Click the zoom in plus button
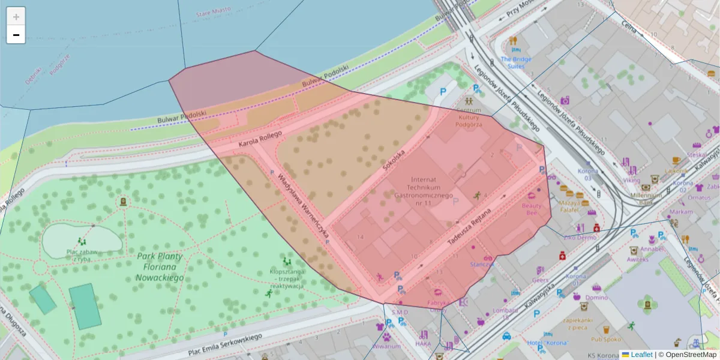[x=16, y=17]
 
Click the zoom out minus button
[x=16, y=35]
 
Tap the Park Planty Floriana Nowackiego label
[x=160, y=266]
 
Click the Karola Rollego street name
[x=260, y=139]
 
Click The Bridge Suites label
[x=516, y=62]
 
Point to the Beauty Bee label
[x=531, y=209]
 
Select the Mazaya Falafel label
[x=570, y=206]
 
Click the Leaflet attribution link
[x=641, y=355]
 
